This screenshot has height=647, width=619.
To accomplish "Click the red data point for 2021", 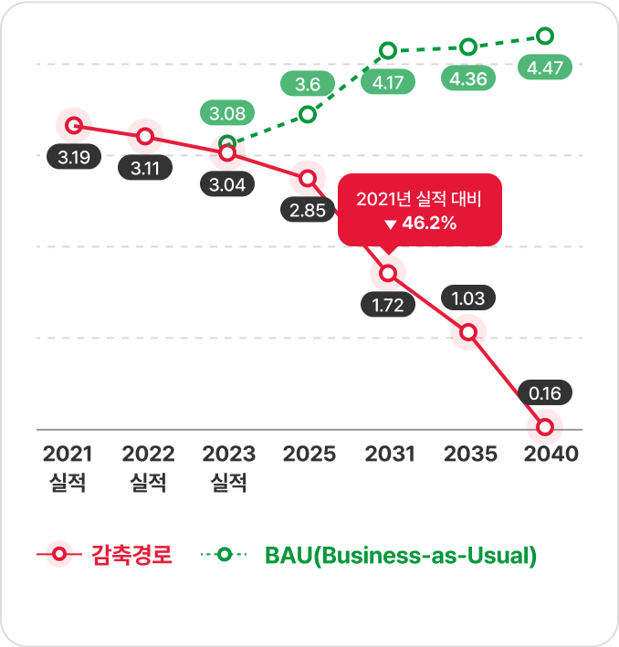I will pos(74,125).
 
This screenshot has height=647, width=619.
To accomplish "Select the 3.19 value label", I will pos(73,158).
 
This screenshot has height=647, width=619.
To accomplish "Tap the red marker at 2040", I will pos(546,426).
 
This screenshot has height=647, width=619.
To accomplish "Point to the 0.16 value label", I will pos(546,394).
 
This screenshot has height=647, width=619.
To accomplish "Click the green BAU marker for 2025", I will pos(308,115).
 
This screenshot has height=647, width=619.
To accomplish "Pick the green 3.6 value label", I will pos(308,85).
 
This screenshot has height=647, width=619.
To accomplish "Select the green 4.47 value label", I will pos(544,67).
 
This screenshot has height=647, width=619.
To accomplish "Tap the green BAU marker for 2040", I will pos(546,37).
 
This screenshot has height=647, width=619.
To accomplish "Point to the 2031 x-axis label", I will pos(390,454).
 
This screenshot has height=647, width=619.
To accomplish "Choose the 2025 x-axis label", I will pos(309,454).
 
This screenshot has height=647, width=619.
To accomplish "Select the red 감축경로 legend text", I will pos(132,554).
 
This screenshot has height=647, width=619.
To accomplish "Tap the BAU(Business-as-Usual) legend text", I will pos(400,554).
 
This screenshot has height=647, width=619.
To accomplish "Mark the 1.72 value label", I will pos(388,306).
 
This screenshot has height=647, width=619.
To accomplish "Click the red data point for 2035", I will pos(468,332).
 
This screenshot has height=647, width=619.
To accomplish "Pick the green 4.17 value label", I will pos(388,82).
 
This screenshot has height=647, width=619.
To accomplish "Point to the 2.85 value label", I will pos(308,211).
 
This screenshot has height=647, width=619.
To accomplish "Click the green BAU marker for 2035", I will pos(468,47).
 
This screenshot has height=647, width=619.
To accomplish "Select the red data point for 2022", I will pos(145,137).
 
